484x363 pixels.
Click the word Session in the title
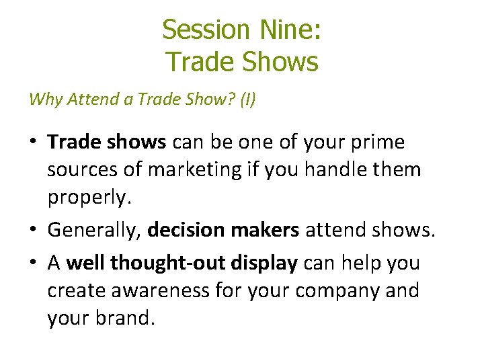coord(205,30)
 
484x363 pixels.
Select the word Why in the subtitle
coord(44,100)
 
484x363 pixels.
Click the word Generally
coord(94,231)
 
